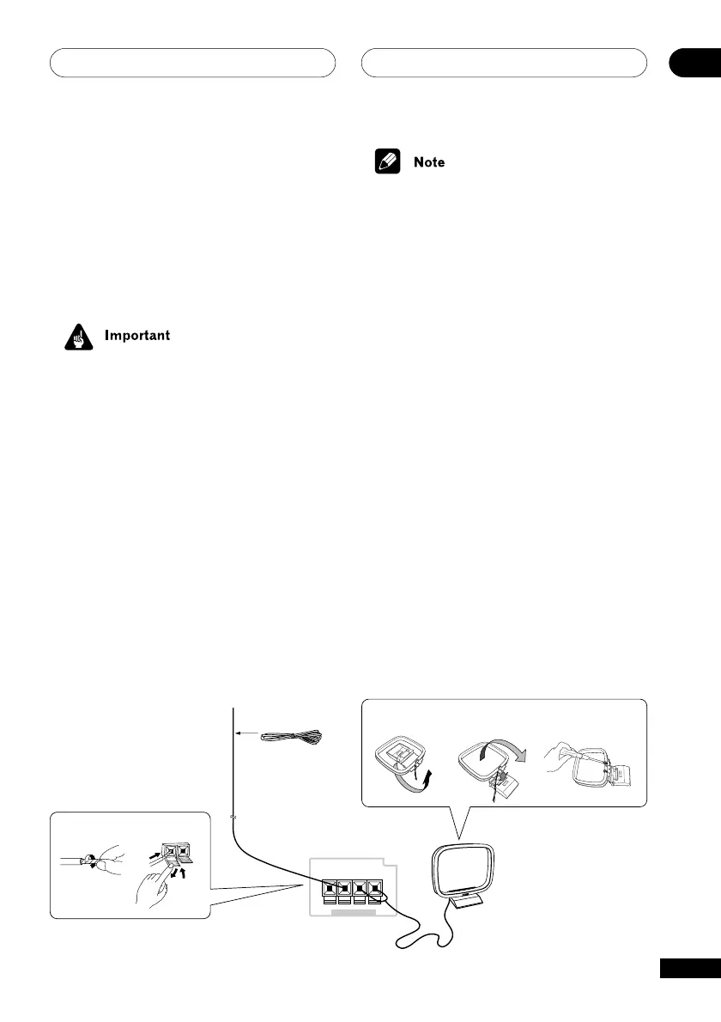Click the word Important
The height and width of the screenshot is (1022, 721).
click(x=137, y=335)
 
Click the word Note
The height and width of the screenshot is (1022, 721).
click(x=429, y=162)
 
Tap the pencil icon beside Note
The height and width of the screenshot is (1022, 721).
click(x=388, y=161)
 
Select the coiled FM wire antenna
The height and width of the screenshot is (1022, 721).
click(x=292, y=736)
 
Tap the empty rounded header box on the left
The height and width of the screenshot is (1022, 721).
click(x=192, y=64)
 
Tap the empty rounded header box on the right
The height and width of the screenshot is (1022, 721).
click(x=504, y=64)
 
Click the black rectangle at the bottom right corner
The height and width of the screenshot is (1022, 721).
click(x=690, y=968)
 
